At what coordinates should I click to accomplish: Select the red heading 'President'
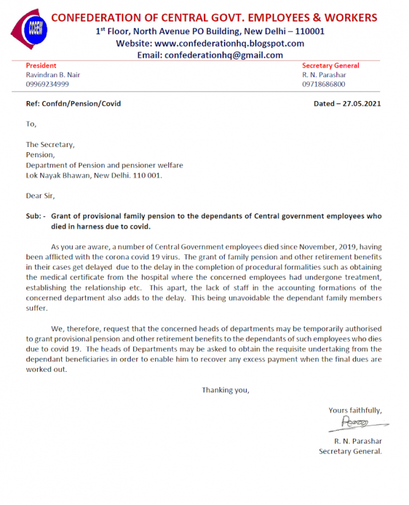point(41,66)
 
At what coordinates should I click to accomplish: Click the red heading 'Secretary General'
point(331,66)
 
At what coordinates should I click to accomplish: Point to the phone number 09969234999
point(47,84)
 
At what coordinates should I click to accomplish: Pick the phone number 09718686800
point(324,84)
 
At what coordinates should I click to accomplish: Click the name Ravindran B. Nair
point(53,75)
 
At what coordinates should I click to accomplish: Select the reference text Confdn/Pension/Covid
point(81,104)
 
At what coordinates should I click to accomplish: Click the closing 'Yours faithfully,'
point(355,410)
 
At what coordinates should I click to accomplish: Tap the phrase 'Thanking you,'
point(225,390)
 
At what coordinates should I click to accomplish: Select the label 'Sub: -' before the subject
point(35,216)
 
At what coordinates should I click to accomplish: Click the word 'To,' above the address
point(31,124)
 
